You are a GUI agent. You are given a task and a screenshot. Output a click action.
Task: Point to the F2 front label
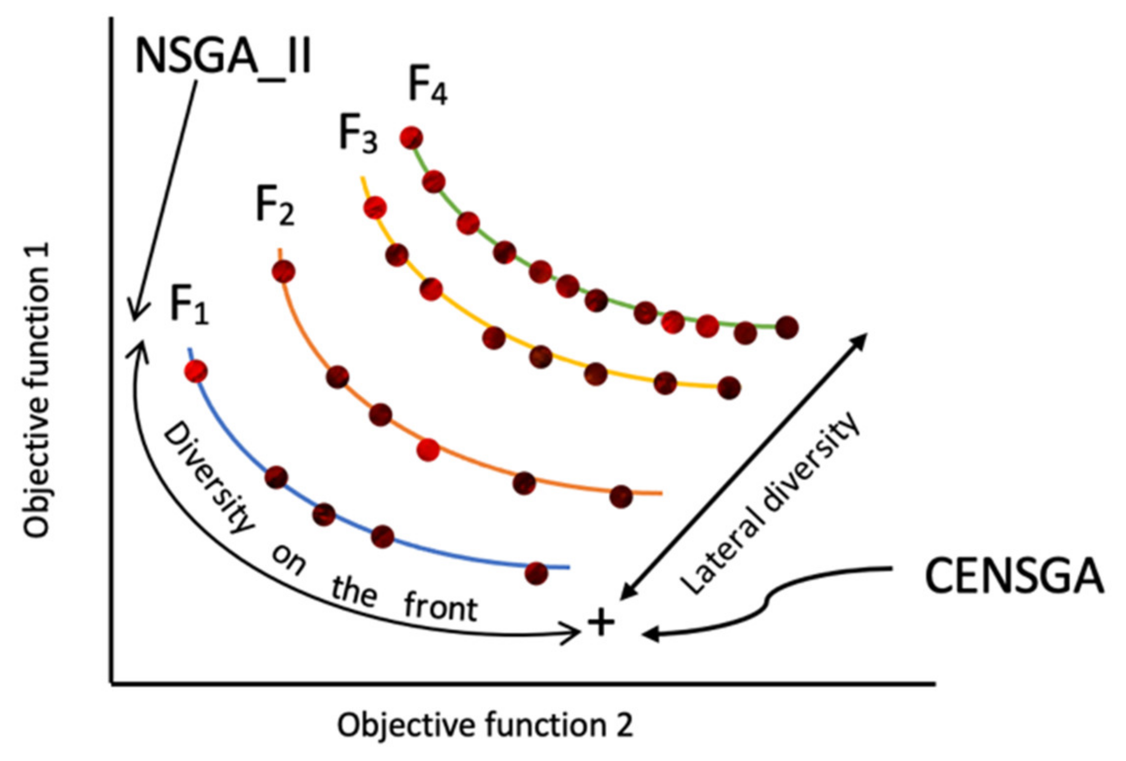(x=275, y=208)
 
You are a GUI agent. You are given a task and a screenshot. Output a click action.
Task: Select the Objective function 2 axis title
(x=484, y=725)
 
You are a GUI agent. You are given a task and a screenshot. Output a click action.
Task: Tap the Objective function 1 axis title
(x=36, y=390)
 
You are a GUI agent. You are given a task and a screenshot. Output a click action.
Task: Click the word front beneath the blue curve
(x=440, y=608)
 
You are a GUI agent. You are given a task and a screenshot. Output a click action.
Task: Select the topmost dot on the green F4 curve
(x=411, y=137)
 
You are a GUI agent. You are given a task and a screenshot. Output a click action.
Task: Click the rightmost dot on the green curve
(x=787, y=327)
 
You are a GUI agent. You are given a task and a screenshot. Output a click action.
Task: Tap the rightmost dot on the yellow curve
(x=729, y=387)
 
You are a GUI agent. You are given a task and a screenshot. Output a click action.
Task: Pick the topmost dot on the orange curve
(x=284, y=271)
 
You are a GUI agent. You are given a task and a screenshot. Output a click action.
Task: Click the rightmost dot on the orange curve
(x=620, y=496)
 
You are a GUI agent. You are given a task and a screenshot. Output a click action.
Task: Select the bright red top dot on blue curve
(x=196, y=371)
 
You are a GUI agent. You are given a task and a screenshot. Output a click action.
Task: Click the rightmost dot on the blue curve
(x=536, y=573)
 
